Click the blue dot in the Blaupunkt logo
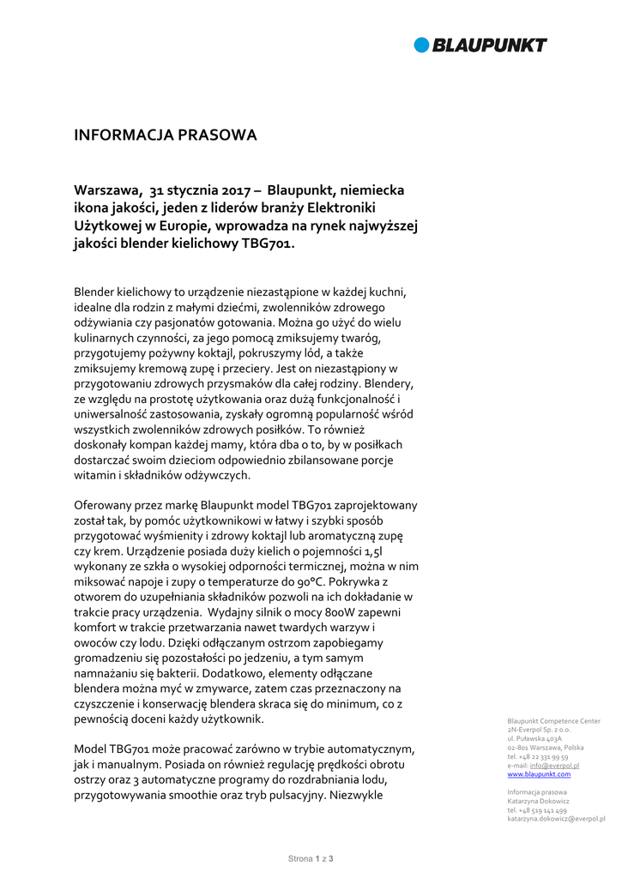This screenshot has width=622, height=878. (x=421, y=45)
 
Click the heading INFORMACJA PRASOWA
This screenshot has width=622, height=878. (x=166, y=135)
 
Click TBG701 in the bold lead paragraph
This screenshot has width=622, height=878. (x=268, y=244)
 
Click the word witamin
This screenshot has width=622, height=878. (x=93, y=474)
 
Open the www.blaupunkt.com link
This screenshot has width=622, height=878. (x=539, y=774)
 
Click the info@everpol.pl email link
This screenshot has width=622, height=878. (x=554, y=766)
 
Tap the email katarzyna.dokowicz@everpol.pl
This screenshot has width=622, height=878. (x=556, y=819)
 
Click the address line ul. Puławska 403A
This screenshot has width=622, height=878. (x=534, y=738)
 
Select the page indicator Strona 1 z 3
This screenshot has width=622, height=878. (x=311, y=858)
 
